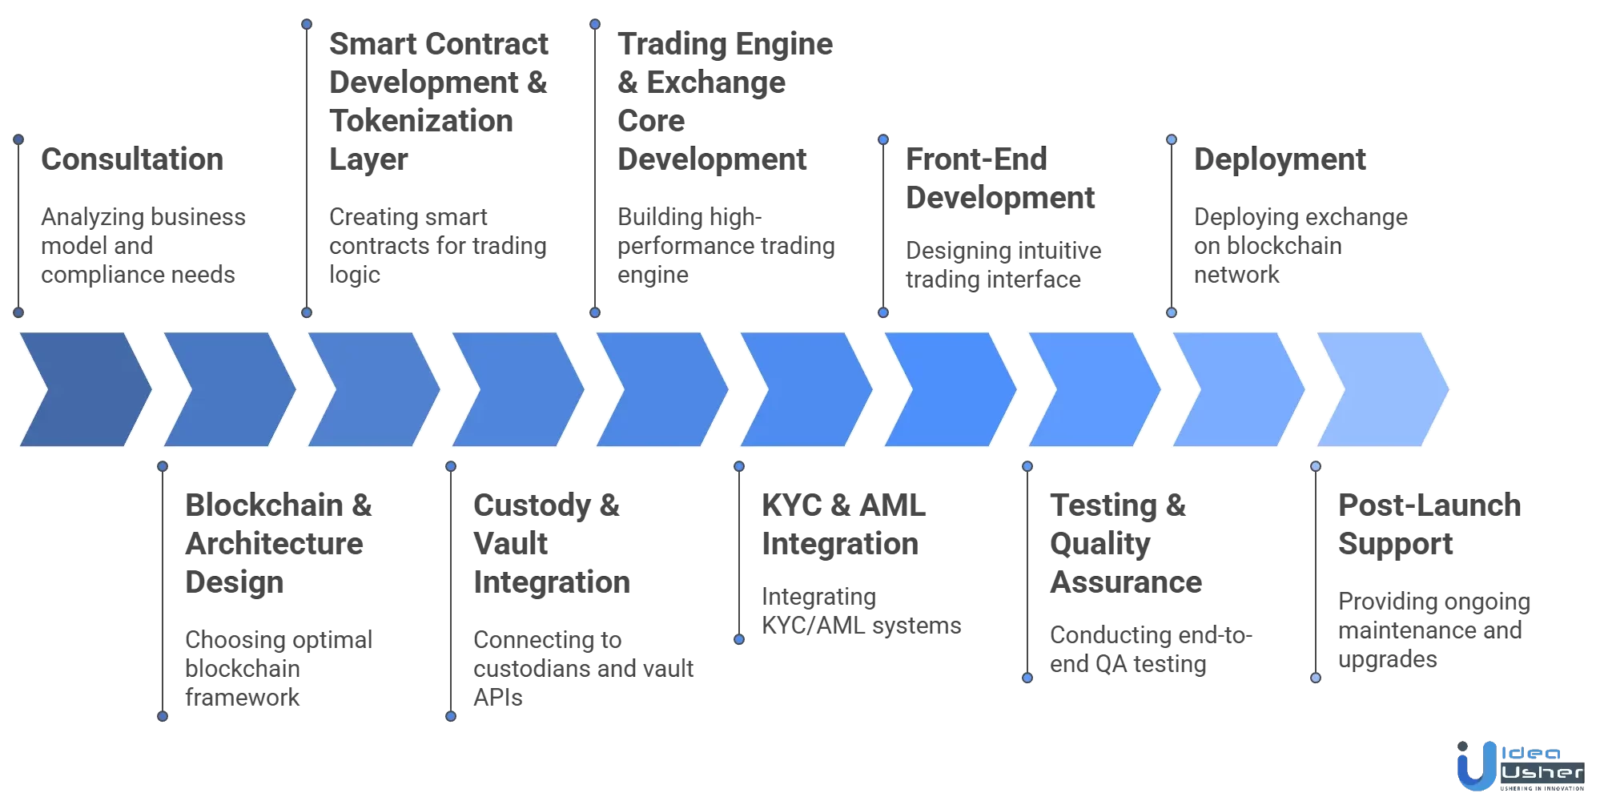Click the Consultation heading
tap(132, 159)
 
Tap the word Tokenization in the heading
tap(421, 121)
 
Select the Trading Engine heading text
tap(725, 44)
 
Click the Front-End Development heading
tap(999, 178)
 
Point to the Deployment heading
tap(1279, 159)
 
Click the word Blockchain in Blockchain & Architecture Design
tap(264, 505)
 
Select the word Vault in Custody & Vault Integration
tap(510, 544)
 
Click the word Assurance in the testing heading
tap(1125, 582)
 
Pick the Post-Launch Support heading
tap(1428, 525)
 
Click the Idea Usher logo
tap(1519, 767)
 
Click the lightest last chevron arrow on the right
tap(1382, 389)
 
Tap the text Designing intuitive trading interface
tap(1003, 265)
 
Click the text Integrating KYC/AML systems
tap(861, 611)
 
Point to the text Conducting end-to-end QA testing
tap(1150, 650)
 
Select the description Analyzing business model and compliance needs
tap(143, 246)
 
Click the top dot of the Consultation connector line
tap(18, 139)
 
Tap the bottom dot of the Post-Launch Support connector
tap(1315, 678)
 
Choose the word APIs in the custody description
tap(497, 698)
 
